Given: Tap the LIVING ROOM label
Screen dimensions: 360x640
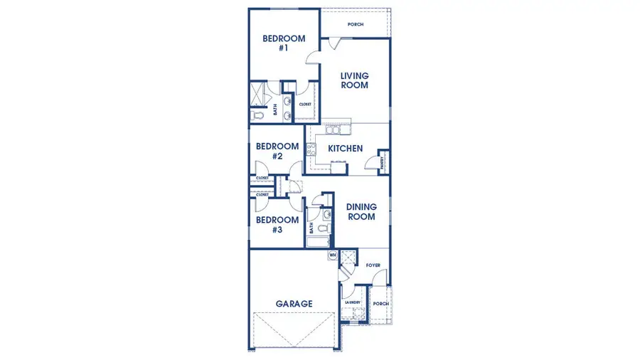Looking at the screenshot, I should [x=354, y=80].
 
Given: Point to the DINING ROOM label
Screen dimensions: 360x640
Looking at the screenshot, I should [x=361, y=212].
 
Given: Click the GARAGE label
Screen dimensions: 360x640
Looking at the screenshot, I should [x=294, y=304].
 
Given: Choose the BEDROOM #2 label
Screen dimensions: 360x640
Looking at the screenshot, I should [x=277, y=151].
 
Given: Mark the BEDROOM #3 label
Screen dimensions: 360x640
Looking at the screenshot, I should [x=277, y=225].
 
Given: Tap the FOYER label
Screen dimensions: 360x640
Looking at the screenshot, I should [x=373, y=265].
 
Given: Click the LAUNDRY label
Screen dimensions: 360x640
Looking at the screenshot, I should [x=353, y=302].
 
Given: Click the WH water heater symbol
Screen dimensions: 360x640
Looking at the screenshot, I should [x=331, y=254].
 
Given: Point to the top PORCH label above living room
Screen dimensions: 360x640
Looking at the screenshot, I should [x=356, y=24].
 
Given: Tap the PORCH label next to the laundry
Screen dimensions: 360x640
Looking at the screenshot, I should [x=381, y=303].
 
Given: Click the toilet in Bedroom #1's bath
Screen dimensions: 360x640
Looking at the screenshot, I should [x=257, y=114].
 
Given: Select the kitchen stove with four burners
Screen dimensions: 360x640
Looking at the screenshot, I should [x=311, y=149].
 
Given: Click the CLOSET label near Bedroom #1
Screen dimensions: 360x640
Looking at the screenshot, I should [x=305, y=104].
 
